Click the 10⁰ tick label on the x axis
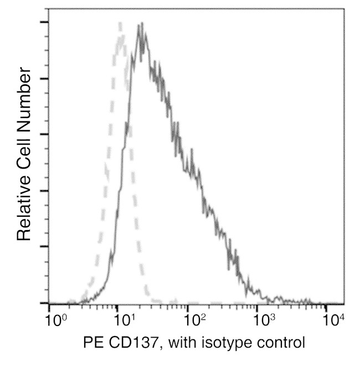click(55, 320)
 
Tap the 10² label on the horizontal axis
click(194, 320)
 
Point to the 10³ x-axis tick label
click(264, 320)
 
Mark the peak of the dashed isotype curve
click(120, 23)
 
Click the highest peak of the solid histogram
click(142, 23)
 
